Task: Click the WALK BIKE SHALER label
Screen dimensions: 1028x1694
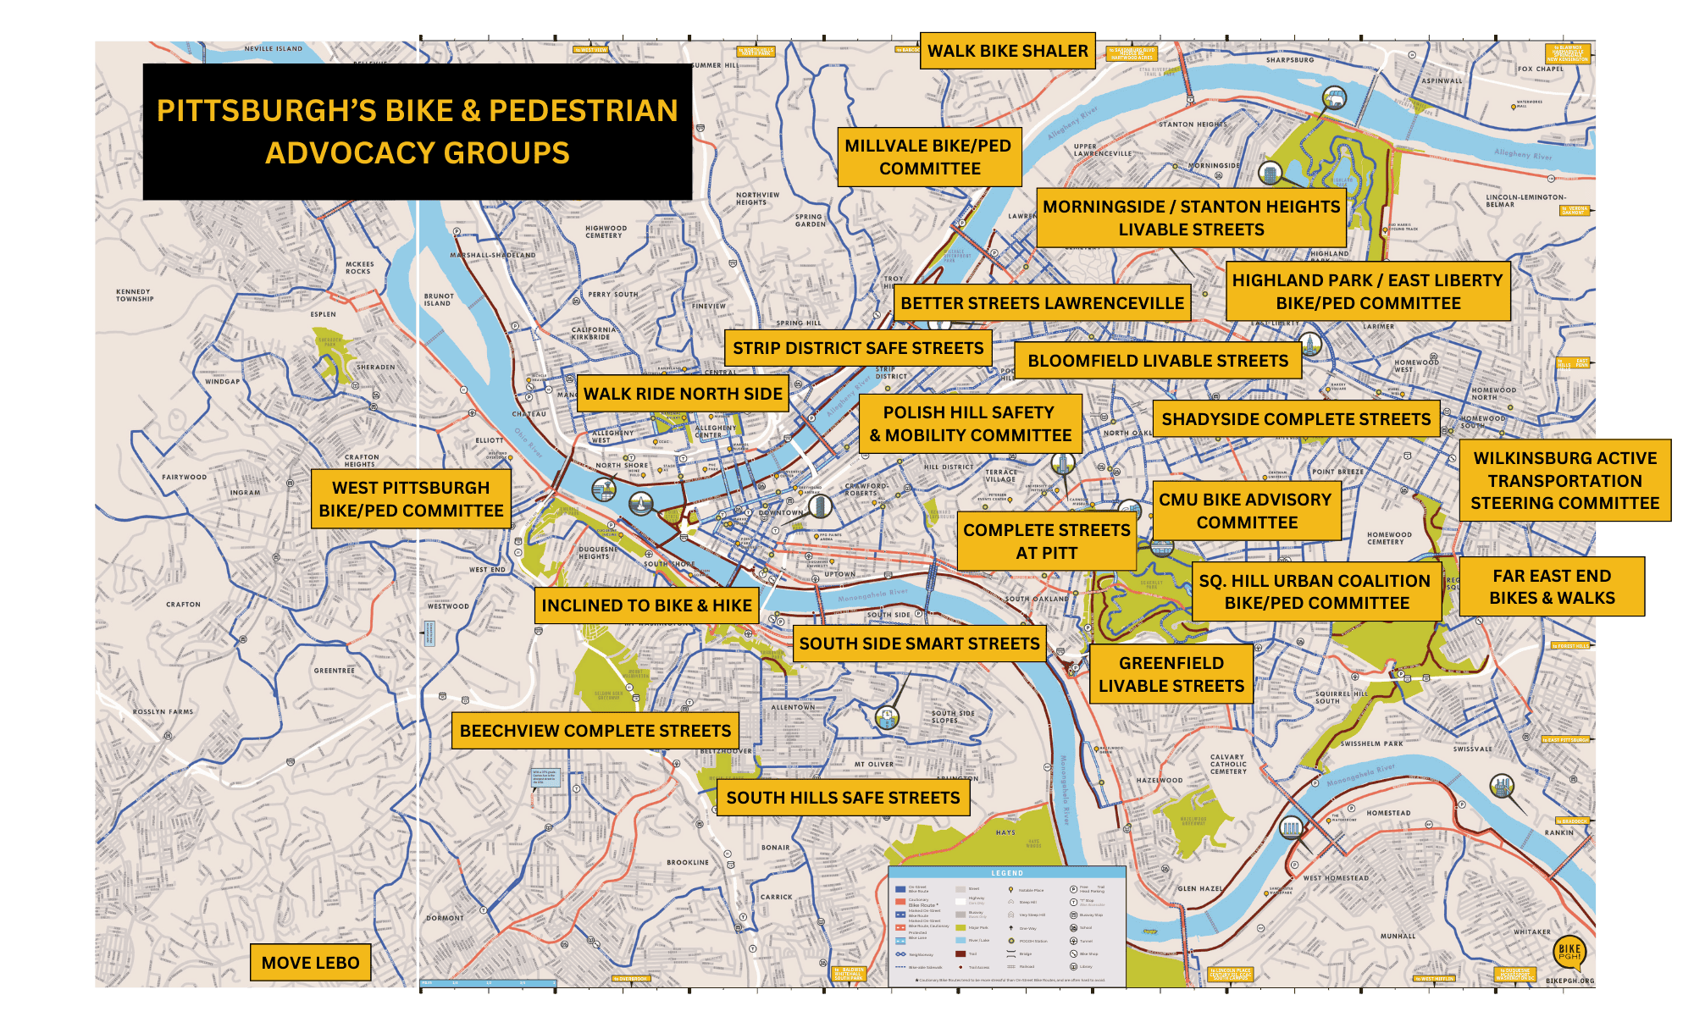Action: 1007,51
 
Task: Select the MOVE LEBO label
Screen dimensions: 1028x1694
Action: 310,963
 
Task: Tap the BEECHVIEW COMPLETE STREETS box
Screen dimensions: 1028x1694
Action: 595,731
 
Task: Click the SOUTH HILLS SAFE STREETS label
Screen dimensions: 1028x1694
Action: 843,798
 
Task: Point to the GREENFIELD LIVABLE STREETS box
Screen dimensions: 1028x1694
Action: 1171,674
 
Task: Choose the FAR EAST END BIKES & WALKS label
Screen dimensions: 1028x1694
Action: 1551,587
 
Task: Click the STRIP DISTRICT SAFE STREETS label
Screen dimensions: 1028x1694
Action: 857,348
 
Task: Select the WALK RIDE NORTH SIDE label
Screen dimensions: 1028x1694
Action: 683,394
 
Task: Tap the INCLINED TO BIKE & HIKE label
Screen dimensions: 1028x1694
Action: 646,605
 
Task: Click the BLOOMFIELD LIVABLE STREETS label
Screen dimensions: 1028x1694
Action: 1157,361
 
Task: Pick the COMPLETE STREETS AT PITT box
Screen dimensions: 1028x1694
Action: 1046,541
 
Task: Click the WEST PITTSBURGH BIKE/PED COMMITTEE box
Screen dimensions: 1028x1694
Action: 411,499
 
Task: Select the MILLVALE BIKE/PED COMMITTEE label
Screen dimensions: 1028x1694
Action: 928,157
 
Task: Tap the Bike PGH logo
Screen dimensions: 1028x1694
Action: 1569,953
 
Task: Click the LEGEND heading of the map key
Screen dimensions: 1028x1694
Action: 1007,873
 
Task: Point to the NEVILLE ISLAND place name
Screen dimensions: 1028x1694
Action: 273,49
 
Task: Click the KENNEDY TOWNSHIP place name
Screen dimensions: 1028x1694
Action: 135,295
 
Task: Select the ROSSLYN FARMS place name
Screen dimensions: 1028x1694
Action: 163,712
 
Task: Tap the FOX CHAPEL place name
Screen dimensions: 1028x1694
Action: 1540,69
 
